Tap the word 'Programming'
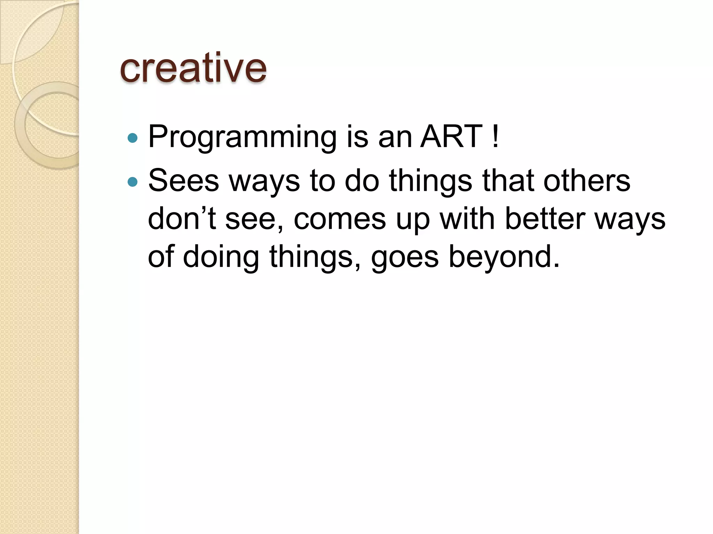pyautogui.click(x=242, y=137)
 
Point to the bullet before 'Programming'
pyautogui.click(x=133, y=138)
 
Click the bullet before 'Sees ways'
pyautogui.click(x=133, y=182)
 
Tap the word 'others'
pyautogui.click(x=587, y=181)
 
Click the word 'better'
pyautogui.click(x=545, y=219)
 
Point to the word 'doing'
pyautogui.click(x=221, y=257)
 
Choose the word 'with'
pyautogui.click(x=467, y=219)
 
